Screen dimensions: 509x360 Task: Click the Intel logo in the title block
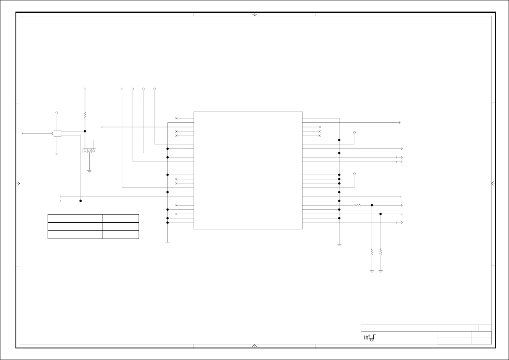(x=370, y=338)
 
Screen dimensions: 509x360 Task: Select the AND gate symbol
(x=57, y=133)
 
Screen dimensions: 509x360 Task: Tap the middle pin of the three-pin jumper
(x=89, y=151)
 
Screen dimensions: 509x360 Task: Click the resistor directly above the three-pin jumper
(x=85, y=115)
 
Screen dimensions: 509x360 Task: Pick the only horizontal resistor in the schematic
(x=358, y=205)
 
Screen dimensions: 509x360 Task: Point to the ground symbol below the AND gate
(x=57, y=153)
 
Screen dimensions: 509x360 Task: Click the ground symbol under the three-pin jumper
(x=89, y=171)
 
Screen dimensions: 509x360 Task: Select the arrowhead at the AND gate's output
(x=23, y=133)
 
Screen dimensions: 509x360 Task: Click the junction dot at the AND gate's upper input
(x=85, y=131)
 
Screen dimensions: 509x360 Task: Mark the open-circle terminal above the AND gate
(x=57, y=113)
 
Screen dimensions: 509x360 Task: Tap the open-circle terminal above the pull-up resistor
(x=85, y=89)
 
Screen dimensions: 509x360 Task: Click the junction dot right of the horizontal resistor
(x=372, y=205)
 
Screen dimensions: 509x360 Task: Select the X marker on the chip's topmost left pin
(x=176, y=118)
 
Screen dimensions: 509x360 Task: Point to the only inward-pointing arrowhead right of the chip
(x=400, y=197)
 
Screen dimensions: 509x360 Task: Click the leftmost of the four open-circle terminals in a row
(x=122, y=89)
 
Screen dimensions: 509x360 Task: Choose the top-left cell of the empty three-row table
(x=75, y=218)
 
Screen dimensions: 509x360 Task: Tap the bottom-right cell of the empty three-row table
(x=121, y=235)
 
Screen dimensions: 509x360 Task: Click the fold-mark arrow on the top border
(x=254, y=15)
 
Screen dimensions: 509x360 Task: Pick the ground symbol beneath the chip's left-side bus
(x=167, y=242)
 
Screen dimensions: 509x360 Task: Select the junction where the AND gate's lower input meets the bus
(x=81, y=201)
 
